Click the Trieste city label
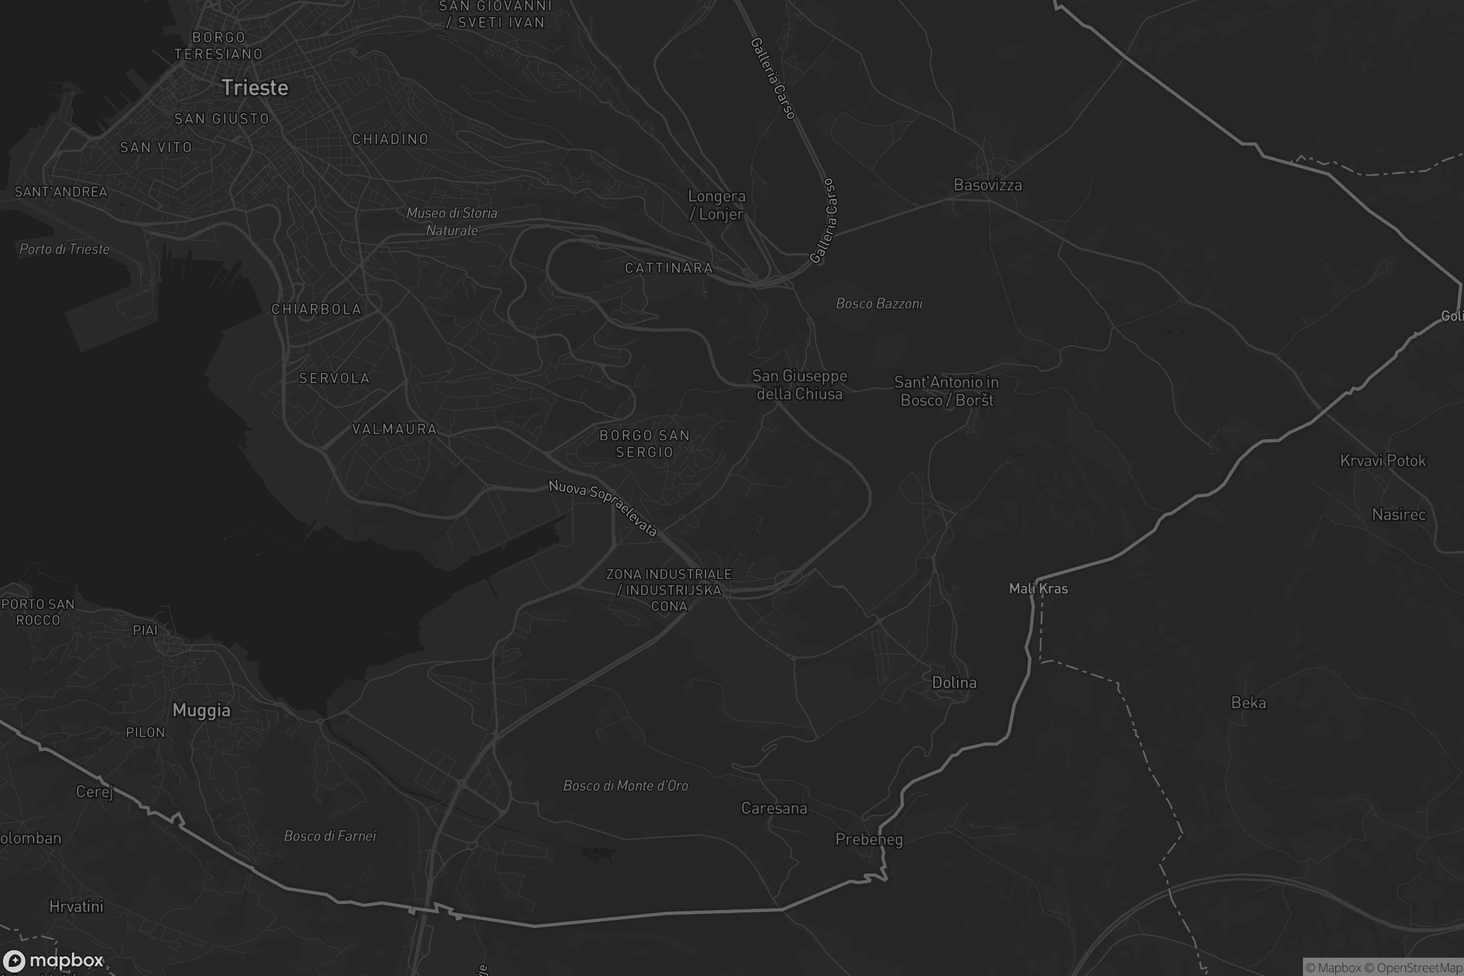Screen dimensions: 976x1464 [x=254, y=88]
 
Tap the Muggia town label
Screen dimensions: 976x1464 [x=201, y=710]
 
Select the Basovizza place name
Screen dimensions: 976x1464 [x=987, y=185]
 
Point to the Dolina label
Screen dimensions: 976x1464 [x=953, y=683]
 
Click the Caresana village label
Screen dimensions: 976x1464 [x=773, y=809]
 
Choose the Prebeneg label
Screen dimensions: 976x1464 [x=868, y=840]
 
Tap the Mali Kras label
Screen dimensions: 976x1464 [x=1038, y=589]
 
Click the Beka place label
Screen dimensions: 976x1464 [x=1248, y=703]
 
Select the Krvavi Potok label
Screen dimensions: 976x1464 [x=1382, y=461]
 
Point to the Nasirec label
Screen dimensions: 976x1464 [x=1398, y=515]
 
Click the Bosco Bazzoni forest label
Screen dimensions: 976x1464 [x=879, y=304]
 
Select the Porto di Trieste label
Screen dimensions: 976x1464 [x=64, y=249]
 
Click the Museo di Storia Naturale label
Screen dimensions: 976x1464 [x=452, y=221]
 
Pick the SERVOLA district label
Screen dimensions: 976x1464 [x=334, y=378]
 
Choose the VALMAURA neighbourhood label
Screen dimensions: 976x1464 [x=395, y=429]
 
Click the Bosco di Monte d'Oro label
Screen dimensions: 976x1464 [x=626, y=786]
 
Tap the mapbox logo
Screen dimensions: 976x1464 [x=52, y=960]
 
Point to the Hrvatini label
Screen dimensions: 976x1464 [x=76, y=906]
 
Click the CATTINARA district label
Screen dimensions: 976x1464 [x=669, y=268]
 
